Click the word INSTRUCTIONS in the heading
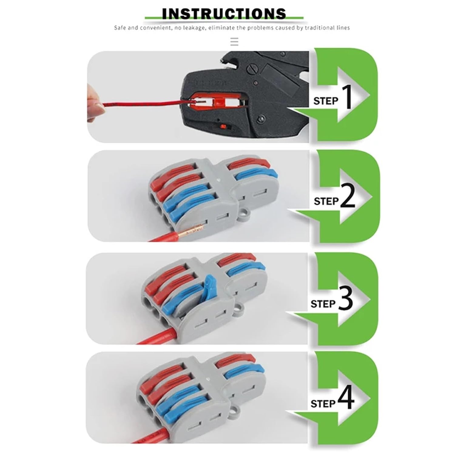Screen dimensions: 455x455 [x=224, y=14]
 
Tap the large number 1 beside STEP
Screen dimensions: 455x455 [x=348, y=97]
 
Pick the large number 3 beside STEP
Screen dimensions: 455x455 [x=345, y=299]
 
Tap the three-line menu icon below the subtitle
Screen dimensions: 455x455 [x=234, y=42]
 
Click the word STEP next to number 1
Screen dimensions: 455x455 [x=325, y=101]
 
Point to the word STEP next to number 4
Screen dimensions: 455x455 [x=323, y=404]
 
